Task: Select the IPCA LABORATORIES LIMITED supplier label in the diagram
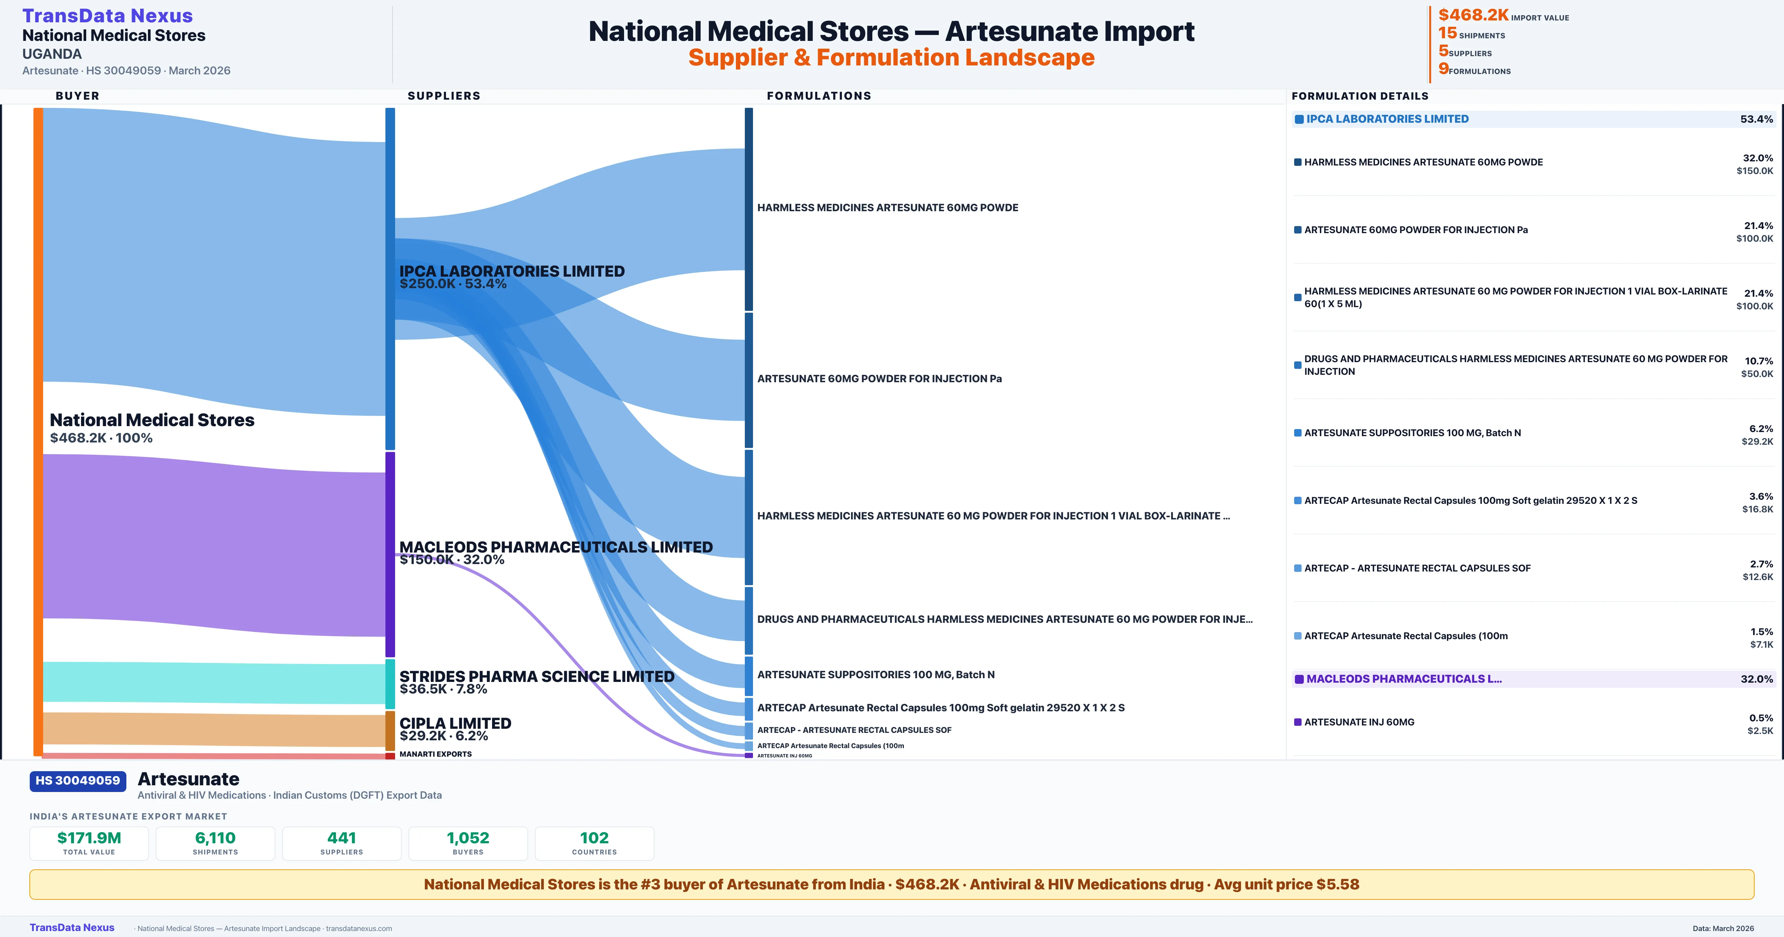[x=512, y=272]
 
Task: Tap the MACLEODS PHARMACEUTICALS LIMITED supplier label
[x=555, y=547]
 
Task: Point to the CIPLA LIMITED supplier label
[x=455, y=724]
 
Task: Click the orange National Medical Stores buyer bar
[x=38, y=430]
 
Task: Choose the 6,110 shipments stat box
[x=216, y=843]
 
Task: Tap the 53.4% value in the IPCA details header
[x=1756, y=119]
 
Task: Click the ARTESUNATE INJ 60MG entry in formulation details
[x=1359, y=722]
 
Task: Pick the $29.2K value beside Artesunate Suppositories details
[x=1757, y=441]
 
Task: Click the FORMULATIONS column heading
[x=818, y=96]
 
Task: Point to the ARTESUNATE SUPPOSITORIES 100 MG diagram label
[x=875, y=675]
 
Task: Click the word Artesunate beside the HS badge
[x=188, y=779]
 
